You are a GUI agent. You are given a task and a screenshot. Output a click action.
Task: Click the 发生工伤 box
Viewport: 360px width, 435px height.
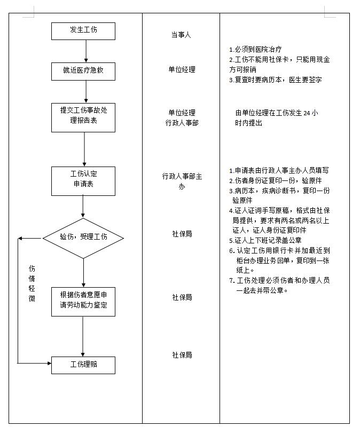(x=83, y=30)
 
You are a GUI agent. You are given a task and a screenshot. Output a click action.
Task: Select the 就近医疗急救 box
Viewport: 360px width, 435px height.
(x=83, y=70)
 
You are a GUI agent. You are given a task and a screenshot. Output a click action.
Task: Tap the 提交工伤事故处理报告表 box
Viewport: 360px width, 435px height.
(x=83, y=117)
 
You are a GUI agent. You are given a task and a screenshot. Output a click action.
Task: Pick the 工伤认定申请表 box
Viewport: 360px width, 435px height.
(x=83, y=180)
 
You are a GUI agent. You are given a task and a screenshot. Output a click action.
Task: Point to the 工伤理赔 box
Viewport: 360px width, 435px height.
(x=83, y=365)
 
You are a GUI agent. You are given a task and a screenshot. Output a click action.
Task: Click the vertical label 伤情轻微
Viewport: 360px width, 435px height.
(x=32, y=283)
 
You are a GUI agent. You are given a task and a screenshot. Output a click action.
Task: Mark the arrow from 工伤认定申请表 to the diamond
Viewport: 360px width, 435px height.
(x=83, y=207)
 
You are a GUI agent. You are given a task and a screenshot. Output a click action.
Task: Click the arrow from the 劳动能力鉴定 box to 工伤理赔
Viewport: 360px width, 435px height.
(x=83, y=336)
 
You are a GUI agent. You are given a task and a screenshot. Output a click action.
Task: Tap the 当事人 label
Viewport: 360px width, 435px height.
(x=181, y=35)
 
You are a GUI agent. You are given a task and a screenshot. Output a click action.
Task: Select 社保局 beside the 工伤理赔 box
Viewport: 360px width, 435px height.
(x=182, y=355)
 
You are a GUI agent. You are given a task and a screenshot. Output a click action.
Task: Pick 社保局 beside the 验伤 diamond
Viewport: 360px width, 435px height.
(x=182, y=234)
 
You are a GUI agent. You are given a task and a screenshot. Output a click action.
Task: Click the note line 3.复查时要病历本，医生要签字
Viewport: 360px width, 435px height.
(x=275, y=80)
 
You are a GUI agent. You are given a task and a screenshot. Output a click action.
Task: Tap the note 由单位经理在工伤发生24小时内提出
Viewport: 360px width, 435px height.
(x=276, y=118)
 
